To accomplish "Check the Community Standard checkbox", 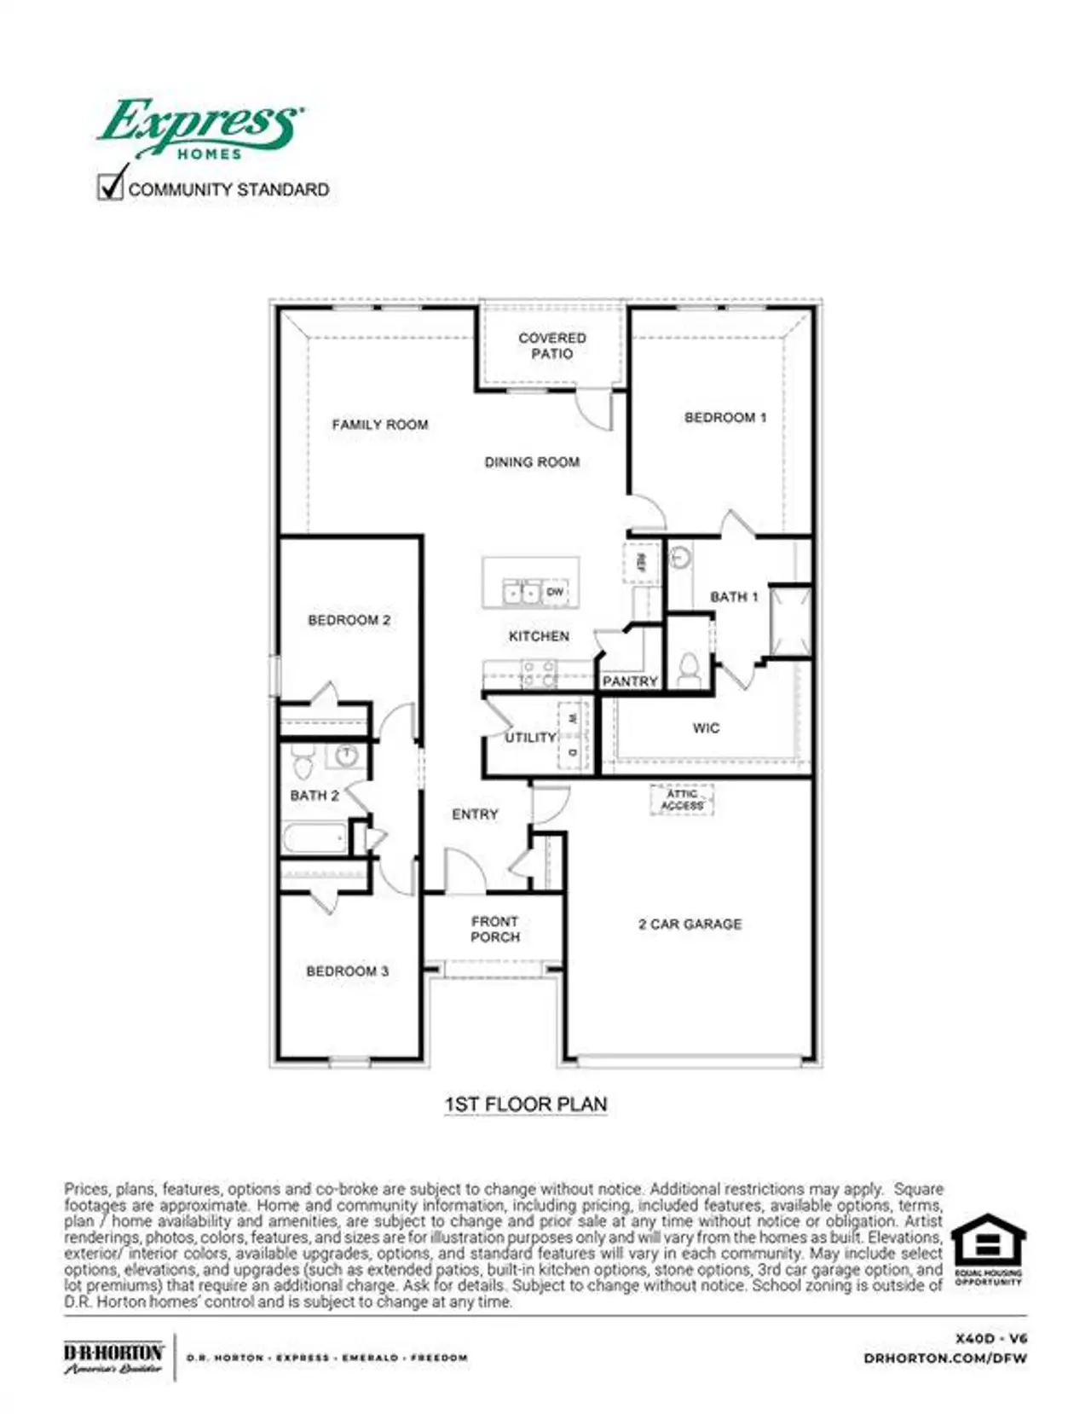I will click(x=111, y=187).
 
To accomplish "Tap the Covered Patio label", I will click(x=551, y=345).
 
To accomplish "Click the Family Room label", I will click(x=380, y=425).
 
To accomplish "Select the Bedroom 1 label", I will click(x=725, y=417).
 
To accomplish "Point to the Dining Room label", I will click(x=532, y=462).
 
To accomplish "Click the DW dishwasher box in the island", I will click(x=555, y=592).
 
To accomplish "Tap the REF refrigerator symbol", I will click(x=641, y=562).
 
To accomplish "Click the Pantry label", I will click(x=630, y=681).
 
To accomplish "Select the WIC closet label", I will click(x=706, y=728).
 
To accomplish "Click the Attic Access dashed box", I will click(x=682, y=800).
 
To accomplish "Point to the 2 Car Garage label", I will click(x=690, y=924).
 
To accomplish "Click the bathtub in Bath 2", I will click(x=315, y=838).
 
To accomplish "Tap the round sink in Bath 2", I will click(x=346, y=755).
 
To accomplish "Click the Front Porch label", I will click(x=495, y=929).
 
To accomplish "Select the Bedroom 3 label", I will click(x=348, y=971).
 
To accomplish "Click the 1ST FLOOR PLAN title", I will click(x=526, y=1104).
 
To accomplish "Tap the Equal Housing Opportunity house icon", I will click(x=988, y=1242).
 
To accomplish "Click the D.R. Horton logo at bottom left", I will click(x=113, y=1357).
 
